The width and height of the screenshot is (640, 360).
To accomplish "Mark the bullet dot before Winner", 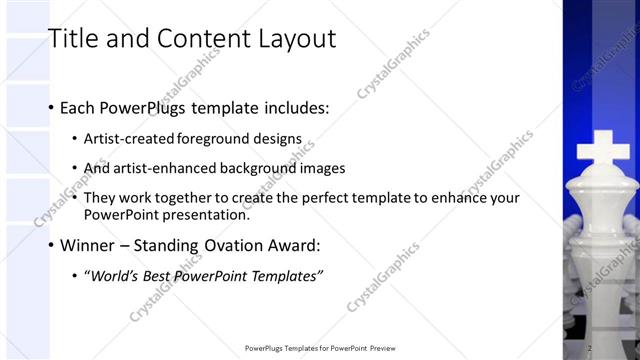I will click(x=51, y=245).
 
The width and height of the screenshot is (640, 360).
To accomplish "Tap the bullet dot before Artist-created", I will click(x=76, y=139).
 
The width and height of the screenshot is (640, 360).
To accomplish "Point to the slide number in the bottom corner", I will click(x=590, y=348).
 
